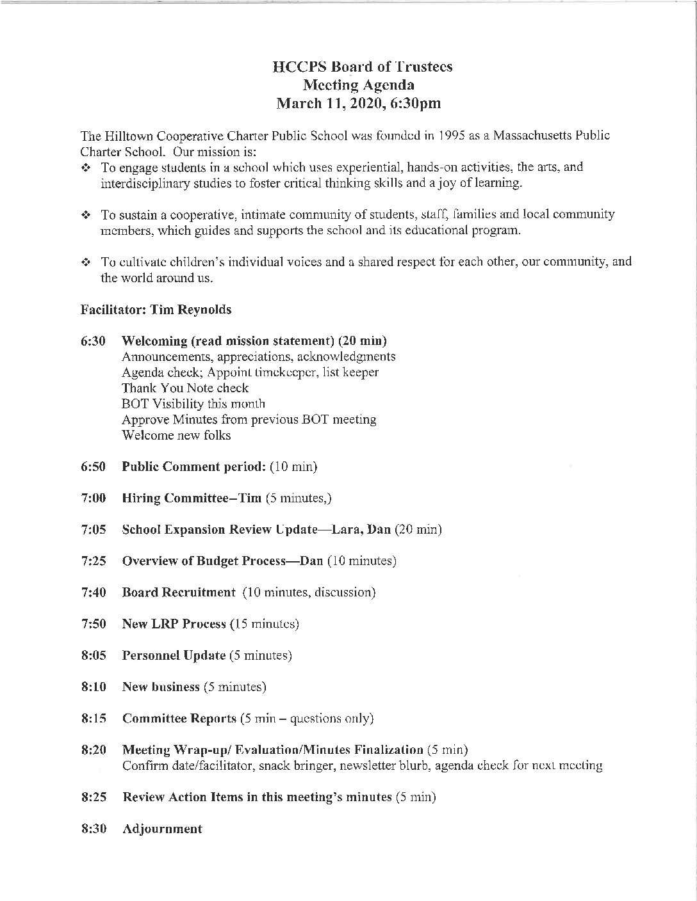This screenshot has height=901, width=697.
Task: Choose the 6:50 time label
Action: click(94, 466)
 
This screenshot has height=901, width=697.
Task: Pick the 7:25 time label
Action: click(94, 561)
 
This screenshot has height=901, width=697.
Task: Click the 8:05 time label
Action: click(94, 655)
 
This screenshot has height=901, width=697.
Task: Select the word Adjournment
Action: click(162, 829)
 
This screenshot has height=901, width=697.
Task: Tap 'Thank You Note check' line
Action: click(185, 388)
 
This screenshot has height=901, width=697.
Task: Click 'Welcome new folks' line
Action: click(176, 435)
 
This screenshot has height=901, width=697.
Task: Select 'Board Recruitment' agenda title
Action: click(179, 593)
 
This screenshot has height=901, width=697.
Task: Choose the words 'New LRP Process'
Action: click(174, 624)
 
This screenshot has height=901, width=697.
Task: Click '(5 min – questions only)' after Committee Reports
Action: click(307, 719)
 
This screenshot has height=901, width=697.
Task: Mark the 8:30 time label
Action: click(94, 829)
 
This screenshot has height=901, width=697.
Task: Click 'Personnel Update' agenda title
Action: click(174, 655)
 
